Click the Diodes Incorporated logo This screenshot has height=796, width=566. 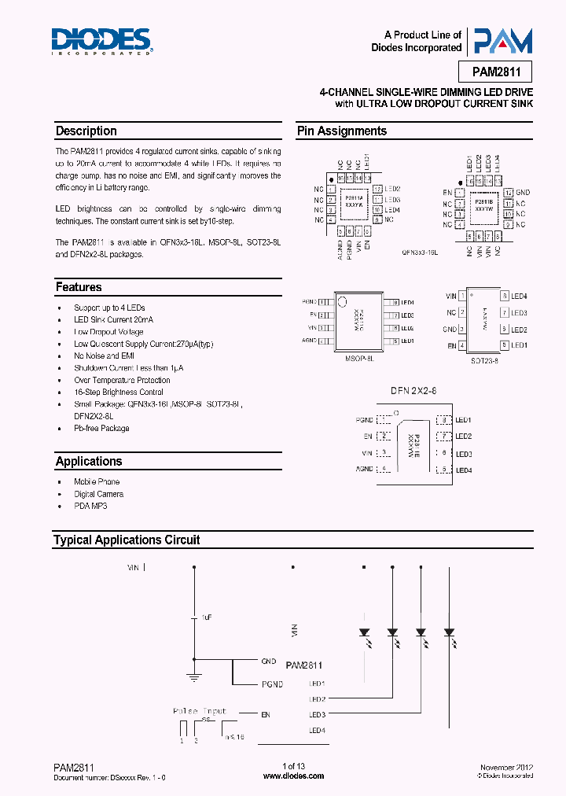pyautogui.click(x=101, y=41)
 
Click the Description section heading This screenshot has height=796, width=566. pyautogui.click(x=86, y=131)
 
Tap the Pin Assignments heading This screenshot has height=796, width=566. pyautogui.click(x=341, y=131)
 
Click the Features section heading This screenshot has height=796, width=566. pyautogui.click(x=79, y=287)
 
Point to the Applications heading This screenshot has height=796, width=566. pyautogui.click(x=88, y=462)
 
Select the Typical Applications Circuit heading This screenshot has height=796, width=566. pyautogui.click(x=127, y=540)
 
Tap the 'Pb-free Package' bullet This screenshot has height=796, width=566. pyautogui.click(x=101, y=429)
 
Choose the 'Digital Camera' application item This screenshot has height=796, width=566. pyautogui.click(x=98, y=494)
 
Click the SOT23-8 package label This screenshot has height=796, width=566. pyautogui.click(x=485, y=361)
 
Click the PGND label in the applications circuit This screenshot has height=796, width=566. pyautogui.click(x=272, y=684)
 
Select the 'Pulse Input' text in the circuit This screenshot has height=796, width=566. pyautogui.click(x=200, y=711)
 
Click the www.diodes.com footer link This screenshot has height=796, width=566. pyautogui.click(x=292, y=776)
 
